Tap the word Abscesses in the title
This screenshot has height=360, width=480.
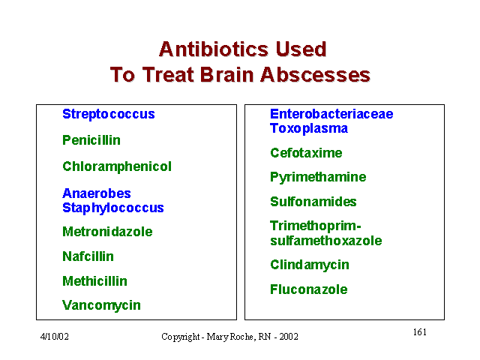point(315,75)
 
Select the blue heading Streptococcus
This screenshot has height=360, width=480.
point(109,114)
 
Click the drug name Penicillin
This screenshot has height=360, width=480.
point(91,140)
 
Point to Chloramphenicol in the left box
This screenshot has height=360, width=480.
point(117,167)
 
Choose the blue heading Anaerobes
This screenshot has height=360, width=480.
point(97,193)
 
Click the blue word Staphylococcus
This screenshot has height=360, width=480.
point(113,208)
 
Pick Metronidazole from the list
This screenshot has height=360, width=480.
point(107,232)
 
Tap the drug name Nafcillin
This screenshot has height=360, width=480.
point(88,256)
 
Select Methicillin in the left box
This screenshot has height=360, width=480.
point(95,281)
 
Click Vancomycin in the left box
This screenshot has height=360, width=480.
point(102,305)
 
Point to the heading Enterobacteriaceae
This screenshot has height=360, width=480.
point(331,114)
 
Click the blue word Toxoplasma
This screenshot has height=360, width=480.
point(309,128)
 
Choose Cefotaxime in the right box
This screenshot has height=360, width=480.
point(306,153)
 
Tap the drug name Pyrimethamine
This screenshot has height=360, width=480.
point(318,177)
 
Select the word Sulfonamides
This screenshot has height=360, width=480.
point(313,202)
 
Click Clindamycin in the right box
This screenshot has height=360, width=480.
point(310,265)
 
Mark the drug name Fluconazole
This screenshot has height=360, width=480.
point(309,289)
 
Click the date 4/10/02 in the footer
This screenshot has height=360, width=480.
point(55,337)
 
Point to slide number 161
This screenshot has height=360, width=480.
point(420,331)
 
